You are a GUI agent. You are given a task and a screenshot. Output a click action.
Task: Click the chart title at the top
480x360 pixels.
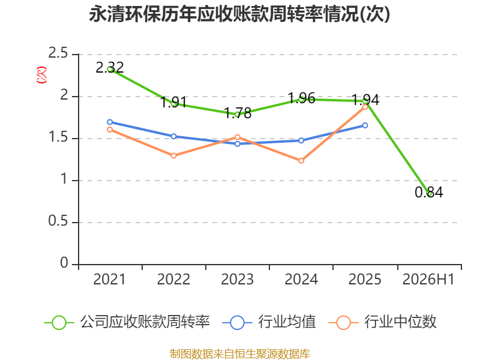pos(239,14)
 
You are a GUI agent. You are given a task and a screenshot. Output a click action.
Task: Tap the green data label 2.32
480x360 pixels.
pos(110,67)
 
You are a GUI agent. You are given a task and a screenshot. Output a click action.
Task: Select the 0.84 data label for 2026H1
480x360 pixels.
pos(429,192)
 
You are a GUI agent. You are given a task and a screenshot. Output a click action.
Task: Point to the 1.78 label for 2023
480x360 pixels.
pos(238,113)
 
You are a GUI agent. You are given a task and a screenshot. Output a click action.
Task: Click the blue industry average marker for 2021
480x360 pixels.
pos(110,122)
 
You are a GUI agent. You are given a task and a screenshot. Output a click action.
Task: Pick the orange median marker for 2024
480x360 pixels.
pos(301,161)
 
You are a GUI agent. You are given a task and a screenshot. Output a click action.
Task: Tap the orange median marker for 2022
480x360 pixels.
pos(173,155)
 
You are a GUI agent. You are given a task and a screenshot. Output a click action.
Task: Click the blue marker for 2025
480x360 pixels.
pos(365,125)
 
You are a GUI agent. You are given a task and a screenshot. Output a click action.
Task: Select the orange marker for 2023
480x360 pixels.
pos(238,137)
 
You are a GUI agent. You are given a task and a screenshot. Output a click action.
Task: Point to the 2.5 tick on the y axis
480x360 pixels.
pos(58,53)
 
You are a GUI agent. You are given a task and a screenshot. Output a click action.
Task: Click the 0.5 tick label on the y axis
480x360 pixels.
pos(58,221)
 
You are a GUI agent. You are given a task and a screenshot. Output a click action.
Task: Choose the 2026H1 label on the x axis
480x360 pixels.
pos(428,279)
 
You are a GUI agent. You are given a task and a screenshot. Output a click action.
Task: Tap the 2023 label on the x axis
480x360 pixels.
pos(238,279)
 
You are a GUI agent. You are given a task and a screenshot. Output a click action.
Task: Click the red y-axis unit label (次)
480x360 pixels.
pos(41,75)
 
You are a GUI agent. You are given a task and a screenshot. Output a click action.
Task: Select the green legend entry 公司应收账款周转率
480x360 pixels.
pos(127,322)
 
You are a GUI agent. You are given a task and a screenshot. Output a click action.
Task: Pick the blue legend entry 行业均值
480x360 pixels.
pos(269,322)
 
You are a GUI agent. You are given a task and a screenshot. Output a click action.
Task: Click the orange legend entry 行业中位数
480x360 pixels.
pos(382,322)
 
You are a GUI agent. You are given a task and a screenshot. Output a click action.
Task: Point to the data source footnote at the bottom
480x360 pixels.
pos(240,354)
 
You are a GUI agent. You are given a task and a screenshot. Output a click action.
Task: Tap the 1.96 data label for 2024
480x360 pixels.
pos(302,98)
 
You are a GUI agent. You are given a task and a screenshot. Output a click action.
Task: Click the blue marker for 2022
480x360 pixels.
pos(173,136)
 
